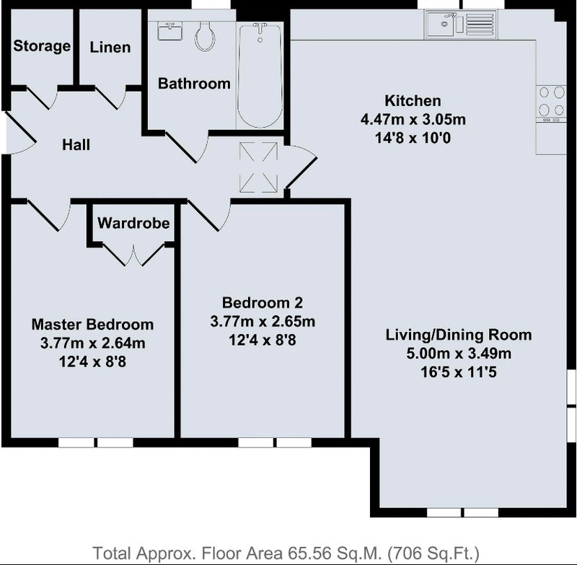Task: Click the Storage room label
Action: pyautogui.click(x=42, y=46)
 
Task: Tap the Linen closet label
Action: pyautogui.click(x=110, y=47)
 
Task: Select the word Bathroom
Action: pyautogui.click(x=194, y=84)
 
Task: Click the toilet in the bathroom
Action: pyautogui.click(x=205, y=35)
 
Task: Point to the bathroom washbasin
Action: pyautogui.click(x=170, y=30)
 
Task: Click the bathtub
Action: pyautogui.click(x=260, y=76)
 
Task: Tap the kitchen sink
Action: pyautogui.click(x=461, y=25)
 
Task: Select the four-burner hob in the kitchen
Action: pyautogui.click(x=551, y=104)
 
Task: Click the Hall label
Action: pyautogui.click(x=76, y=144)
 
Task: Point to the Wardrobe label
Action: pyautogui.click(x=133, y=223)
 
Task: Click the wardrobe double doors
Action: pyautogui.click(x=133, y=254)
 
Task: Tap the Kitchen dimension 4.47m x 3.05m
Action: pyautogui.click(x=413, y=119)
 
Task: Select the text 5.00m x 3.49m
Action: pyautogui.click(x=459, y=354)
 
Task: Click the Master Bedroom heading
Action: pyautogui.click(x=93, y=324)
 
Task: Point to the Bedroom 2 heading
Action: pyautogui.click(x=263, y=302)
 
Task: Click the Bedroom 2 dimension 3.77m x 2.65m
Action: pyautogui.click(x=263, y=321)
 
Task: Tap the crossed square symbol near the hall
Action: pyautogui.click(x=258, y=167)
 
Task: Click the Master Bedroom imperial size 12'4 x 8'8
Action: pyautogui.click(x=93, y=362)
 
